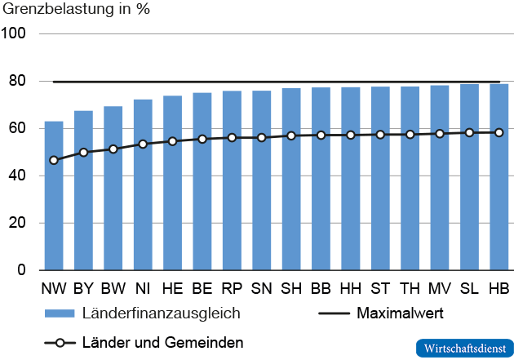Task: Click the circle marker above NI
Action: point(143,144)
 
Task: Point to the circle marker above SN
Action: point(261,137)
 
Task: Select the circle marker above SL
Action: point(469,132)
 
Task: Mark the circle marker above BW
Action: point(113,149)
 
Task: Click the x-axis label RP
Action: point(232,289)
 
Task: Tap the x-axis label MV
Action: point(439,289)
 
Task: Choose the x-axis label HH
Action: point(350,289)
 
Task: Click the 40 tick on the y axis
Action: point(18,176)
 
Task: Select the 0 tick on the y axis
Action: point(23,270)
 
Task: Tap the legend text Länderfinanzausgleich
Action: point(162,313)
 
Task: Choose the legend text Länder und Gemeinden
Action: point(162,342)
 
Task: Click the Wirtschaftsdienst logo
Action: point(463,347)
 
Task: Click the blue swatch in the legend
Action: point(59,313)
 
